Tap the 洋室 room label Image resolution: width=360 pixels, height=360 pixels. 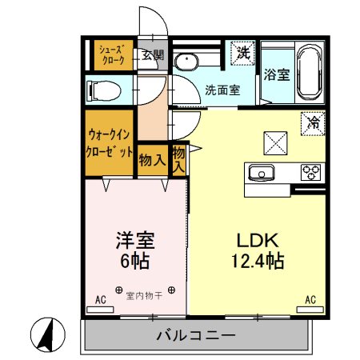(x=134, y=240)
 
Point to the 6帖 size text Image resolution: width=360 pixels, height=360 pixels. (x=134, y=260)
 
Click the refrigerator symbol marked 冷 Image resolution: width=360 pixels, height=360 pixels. (x=314, y=123)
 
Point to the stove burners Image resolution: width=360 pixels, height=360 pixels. (x=310, y=171)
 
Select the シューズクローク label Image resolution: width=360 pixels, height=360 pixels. (x=110, y=54)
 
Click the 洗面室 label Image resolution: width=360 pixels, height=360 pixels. (x=222, y=90)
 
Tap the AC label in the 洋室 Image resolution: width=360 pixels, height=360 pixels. (x=101, y=300)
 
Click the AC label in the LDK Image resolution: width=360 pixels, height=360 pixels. (x=310, y=300)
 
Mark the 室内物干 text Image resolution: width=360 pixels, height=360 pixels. (x=144, y=297)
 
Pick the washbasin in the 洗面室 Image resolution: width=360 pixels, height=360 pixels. (x=189, y=63)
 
